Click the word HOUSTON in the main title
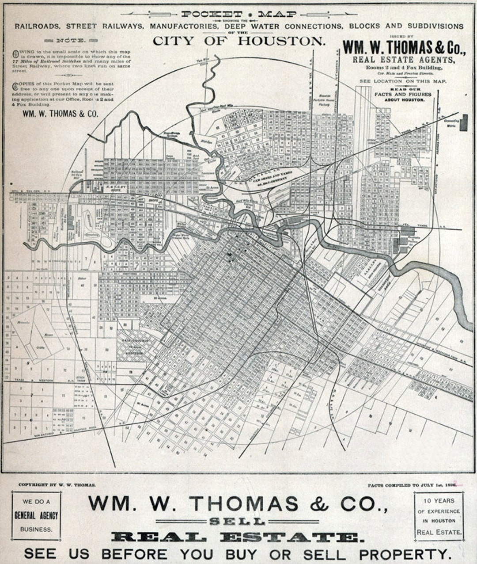(281, 41)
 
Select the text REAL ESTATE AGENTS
(403, 59)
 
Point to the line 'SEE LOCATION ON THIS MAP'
(403, 81)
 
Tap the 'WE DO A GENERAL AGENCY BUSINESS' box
(36, 515)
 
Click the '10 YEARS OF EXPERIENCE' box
(439, 516)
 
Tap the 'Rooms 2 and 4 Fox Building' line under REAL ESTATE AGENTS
(403, 67)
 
